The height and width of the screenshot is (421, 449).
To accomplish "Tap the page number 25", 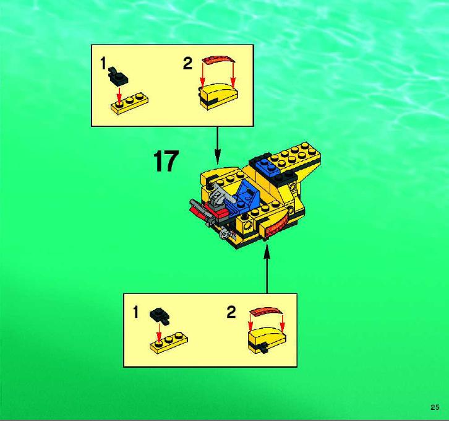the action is pyautogui.click(x=435, y=407).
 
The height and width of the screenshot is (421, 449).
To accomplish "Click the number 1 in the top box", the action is pyautogui.click(x=103, y=63).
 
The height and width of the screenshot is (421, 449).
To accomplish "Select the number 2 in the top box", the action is pyautogui.click(x=187, y=63).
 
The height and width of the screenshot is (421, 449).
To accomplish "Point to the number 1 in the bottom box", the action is pyautogui.click(x=135, y=312).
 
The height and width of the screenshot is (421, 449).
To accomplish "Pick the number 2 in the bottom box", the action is pyautogui.click(x=231, y=312).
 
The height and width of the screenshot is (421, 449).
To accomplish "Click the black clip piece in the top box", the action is pyautogui.click(x=118, y=77).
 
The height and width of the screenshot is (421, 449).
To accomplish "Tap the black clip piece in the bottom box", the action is pyautogui.click(x=160, y=316).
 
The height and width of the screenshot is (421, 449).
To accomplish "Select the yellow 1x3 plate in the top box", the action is pyautogui.click(x=129, y=103).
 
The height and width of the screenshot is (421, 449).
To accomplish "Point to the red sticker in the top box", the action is pyautogui.click(x=219, y=61).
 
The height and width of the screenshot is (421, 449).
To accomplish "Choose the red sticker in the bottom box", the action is pyautogui.click(x=266, y=311).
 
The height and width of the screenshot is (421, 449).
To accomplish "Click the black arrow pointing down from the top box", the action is pyautogui.click(x=218, y=145).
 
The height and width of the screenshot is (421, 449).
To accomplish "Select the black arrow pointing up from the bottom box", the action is pyautogui.click(x=267, y=269).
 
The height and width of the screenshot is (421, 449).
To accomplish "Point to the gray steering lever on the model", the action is pyautogui.click(x=218, y=194).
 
